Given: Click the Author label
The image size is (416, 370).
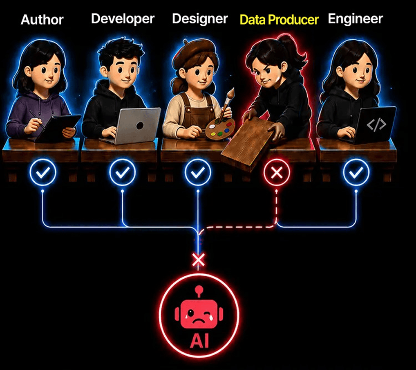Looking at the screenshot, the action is [x=42, y=20].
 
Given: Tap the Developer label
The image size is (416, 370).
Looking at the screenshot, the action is [x=123, y=19].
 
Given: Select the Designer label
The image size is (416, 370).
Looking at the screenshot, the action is [x=200, y=19].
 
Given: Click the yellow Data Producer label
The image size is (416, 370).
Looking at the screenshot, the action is [x=279, y=20].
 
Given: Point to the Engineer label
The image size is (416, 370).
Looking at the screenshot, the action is [x=356, y=19].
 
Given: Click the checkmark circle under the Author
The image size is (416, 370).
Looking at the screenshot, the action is [x=43, y=172].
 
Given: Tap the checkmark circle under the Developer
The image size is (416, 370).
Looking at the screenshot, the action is [x=122, y=172].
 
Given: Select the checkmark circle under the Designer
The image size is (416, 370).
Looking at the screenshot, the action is [x=198, y=172].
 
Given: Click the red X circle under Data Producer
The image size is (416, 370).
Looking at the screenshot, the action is [x=277, y=172].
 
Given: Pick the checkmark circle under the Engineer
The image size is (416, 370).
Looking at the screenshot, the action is [x=356, y=172].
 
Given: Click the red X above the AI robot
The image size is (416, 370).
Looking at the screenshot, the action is [x=199, y=259].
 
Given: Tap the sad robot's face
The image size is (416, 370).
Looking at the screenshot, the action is [x=199, y=314].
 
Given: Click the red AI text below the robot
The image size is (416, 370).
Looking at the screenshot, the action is [x=199, y=341].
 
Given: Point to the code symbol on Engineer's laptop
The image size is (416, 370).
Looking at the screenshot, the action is [x=376, y=124].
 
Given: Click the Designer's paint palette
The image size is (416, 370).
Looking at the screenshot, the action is [x=220, y=129].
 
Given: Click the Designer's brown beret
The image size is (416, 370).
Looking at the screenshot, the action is [x=195, y=50].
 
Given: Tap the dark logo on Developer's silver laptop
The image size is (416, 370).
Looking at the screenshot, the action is [x=140, y=126].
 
